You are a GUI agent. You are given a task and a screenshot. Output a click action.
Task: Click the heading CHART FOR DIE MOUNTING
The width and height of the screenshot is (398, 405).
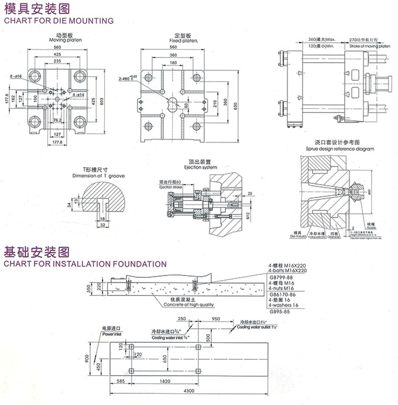tap(58, 21)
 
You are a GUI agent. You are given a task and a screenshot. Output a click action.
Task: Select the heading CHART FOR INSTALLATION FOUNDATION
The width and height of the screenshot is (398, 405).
tap(77, 263)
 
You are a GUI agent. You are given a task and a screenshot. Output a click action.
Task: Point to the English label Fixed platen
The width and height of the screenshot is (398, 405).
tap(183, 40)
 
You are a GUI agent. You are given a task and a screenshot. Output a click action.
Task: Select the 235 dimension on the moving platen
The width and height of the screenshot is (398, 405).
tap(57, 60)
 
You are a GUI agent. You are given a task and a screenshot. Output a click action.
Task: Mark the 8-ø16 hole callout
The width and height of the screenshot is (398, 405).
tap(15, 76)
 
